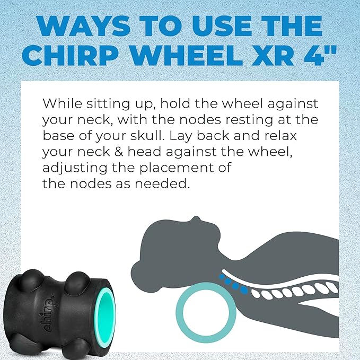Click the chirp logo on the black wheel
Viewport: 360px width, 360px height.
pyautogui.click(x=47, y=315)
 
